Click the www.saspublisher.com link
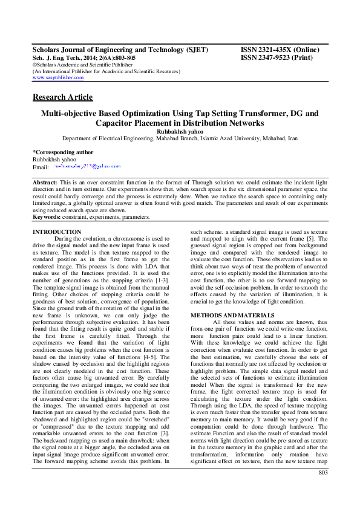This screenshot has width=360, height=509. coord(58,78)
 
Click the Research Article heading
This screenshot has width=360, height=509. coord(62,97)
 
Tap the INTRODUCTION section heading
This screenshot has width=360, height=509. coord(57,232)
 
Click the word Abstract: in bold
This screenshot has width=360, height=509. coord(45,182)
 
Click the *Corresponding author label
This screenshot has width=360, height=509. coord(63,152)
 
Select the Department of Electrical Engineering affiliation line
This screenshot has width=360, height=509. coord(180,138)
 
